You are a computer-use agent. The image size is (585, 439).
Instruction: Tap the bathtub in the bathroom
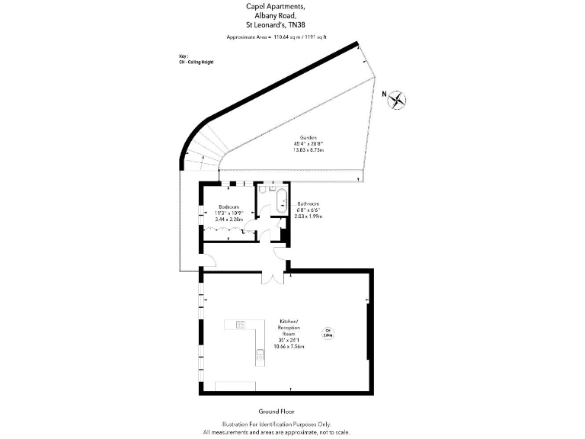click(281, 202)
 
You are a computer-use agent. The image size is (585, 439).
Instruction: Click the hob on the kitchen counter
click(241, 325)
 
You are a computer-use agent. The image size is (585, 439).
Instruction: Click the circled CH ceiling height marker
click(328, 332)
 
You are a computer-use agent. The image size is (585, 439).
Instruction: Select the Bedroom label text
click(229, 207)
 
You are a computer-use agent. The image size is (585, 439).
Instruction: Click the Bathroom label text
click(308, 203)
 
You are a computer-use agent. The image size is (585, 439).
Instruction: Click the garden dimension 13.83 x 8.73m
click(308, 150)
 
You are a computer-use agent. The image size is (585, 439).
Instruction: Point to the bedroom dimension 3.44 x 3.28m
click(229, 219)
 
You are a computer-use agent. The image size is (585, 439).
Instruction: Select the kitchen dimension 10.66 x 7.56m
click(289, 346)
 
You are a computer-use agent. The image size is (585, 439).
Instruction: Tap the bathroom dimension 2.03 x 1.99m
click(308, 216)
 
